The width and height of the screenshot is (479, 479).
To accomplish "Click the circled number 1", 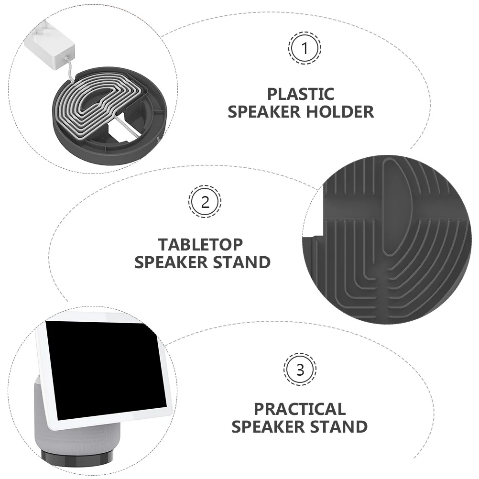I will [305, 48].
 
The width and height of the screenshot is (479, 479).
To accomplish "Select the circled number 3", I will [300, 370].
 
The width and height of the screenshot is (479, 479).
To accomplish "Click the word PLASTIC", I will [300, 94].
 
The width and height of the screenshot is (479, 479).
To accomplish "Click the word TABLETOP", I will [201, 244].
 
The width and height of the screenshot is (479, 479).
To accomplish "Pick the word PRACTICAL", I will [299, 409].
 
